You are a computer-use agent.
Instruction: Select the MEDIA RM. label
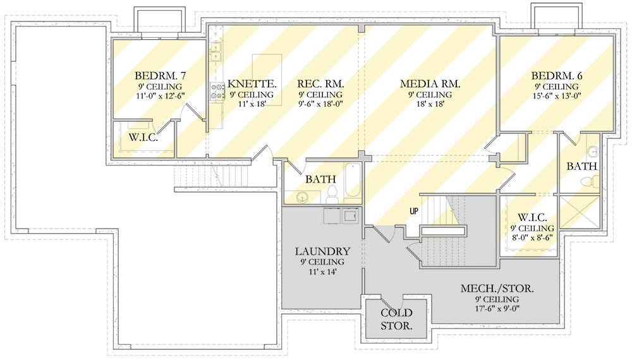point(430,83)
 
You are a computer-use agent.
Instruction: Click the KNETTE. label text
point(252,83)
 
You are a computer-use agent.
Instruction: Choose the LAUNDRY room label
point(322,251)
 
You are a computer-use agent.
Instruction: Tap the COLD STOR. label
point(397,320)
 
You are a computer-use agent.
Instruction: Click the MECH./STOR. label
point(497,288)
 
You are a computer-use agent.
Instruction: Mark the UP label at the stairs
point(413,211)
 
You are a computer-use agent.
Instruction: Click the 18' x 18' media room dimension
point(430,104)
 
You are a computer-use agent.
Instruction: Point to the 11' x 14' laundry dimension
point(322,272)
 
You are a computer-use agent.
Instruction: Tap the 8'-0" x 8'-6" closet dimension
point(533,238)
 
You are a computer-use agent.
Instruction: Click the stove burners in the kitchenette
point(217,91)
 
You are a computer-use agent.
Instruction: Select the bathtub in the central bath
point(352,181)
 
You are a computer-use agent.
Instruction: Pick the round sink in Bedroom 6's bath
point(593,152)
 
